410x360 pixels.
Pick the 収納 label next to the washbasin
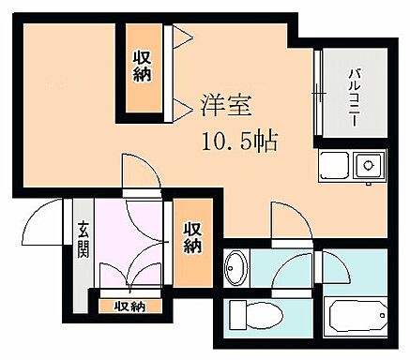(191, 238)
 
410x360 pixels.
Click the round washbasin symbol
(235, 269)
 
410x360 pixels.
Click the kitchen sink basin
(334, 169)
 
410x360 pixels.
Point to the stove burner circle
(369, 169)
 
